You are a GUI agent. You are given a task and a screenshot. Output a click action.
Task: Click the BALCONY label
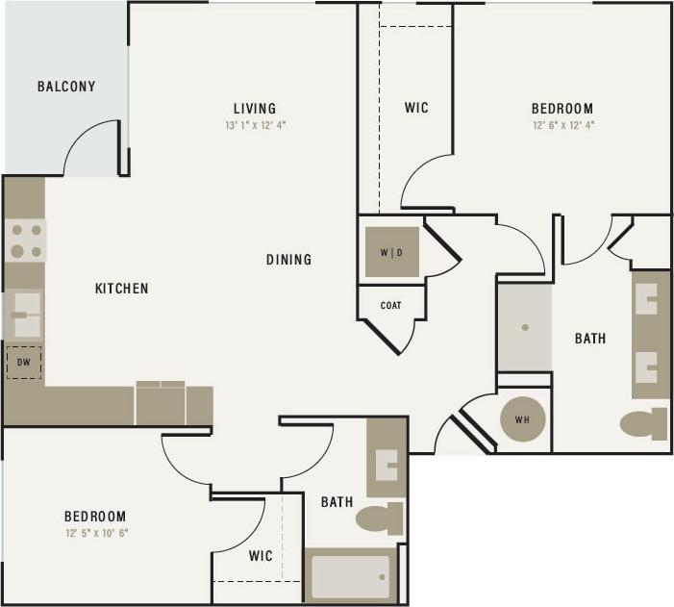coord(66,87)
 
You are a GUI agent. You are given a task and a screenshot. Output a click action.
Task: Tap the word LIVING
coord(255,108)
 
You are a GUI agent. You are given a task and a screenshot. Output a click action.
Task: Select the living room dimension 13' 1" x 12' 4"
coord(255,125)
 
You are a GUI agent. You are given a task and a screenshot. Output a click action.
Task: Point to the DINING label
coord(289,260)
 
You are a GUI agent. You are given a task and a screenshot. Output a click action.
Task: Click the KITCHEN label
coord(121,289)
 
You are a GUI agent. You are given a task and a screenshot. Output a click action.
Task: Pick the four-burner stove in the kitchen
coord(26,240)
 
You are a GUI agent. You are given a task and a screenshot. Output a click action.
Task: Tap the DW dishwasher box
coord(24,363)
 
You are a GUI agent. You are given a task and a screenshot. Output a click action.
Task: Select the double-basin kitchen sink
coord(24,315)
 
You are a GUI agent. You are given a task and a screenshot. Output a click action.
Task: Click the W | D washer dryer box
coord(391,253)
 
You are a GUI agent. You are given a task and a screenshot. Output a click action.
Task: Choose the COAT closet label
coord(390,306)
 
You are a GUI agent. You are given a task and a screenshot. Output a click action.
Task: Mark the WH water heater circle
coord(523,419)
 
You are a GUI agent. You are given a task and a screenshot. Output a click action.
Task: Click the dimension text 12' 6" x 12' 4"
coord(562,125)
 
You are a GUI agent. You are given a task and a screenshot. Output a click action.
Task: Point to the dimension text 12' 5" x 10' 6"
coord(95,533)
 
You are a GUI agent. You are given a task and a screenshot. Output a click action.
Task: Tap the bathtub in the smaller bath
coord(350,576)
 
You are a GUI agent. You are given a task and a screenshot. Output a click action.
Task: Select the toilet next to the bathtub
coord(380,518)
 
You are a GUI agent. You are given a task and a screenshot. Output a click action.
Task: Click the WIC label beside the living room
coord(416,108)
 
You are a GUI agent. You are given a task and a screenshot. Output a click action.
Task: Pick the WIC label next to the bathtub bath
coord(261,556)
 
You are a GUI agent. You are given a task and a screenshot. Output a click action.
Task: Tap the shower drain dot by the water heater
coord(525,327)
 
